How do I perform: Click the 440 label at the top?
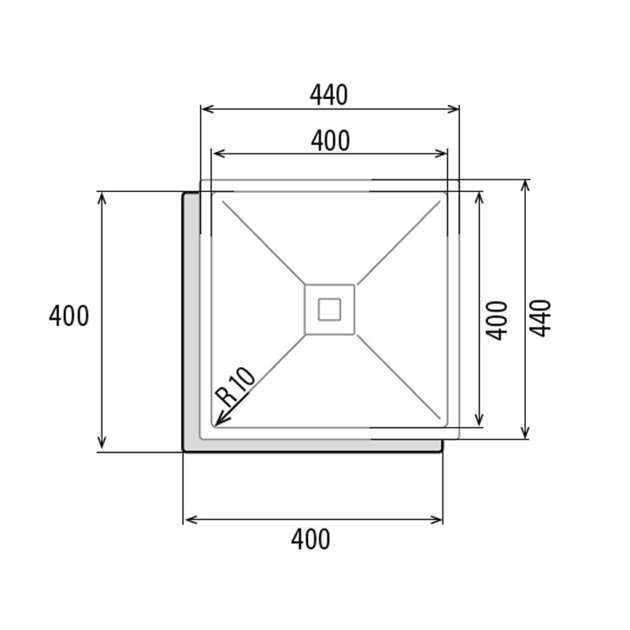pyautogui.click(x=329, y=94)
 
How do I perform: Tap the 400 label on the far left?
pyautogui.click(x=69, y=317)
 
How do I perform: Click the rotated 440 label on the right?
pyautogui.click(x=540, y=318)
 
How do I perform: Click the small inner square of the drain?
pyautogui.click(x=329, y=309)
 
